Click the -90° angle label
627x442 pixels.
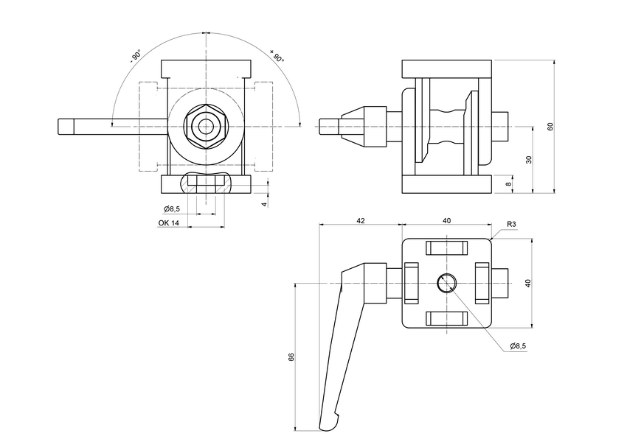[136, 57]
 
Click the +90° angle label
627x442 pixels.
[277, 57]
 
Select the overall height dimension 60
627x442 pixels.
[550, 127]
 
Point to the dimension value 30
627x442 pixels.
[529, 160]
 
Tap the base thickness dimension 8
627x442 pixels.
[509, 184]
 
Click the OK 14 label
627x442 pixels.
[169, 223]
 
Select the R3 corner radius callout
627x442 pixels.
[511, 224]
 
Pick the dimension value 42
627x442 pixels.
[360, 220]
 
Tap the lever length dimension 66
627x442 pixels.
[291, 357]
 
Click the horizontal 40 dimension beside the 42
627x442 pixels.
[447, 220]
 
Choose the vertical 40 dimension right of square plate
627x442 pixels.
[527, 283]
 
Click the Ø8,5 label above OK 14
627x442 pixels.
[173, 209]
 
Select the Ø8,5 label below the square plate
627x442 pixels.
[518, 345]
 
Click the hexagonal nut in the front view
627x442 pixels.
[204, 127]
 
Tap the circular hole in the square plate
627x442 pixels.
[446, 283]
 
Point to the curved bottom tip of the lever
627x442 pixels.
[329, 424]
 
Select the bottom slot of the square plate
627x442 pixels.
[447, 318]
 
